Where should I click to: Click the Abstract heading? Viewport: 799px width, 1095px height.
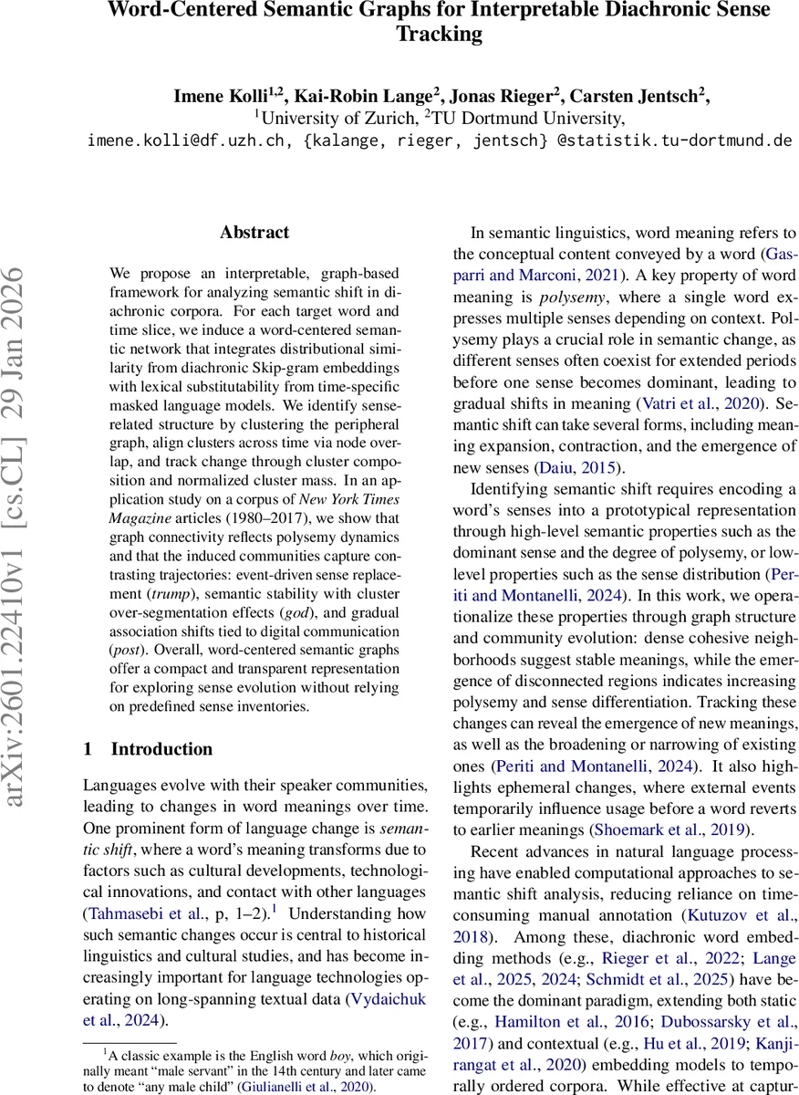point(254,233)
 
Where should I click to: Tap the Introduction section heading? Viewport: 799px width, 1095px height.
point(161,749)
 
